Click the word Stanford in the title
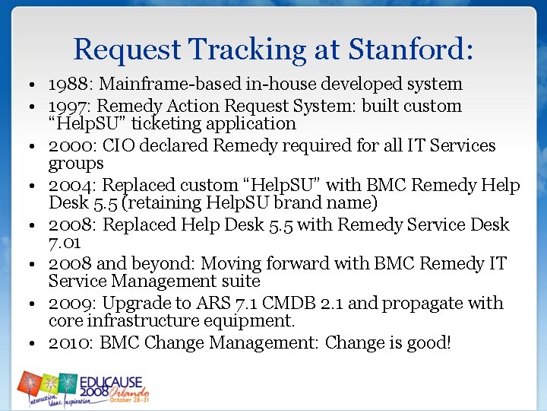pos(411,49)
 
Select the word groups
pos(76,164)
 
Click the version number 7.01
pos(65,243)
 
